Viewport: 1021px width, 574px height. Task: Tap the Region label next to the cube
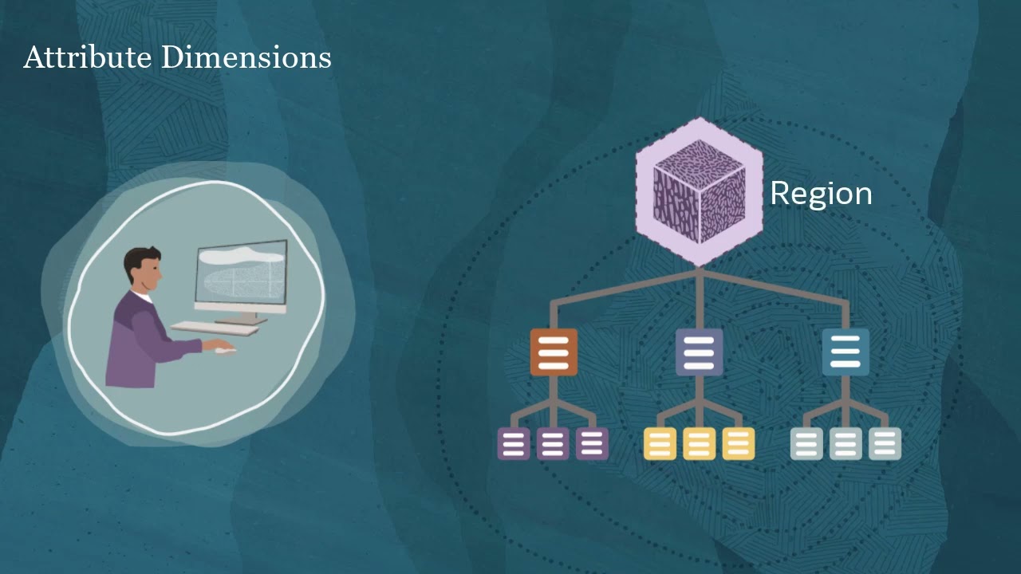click(x=821, y=194)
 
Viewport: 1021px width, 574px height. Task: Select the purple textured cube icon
click(x=700, y=192)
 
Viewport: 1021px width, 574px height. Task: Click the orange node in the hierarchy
click(x=554, y=352)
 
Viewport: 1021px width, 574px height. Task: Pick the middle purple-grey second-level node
click(x=699, y=352)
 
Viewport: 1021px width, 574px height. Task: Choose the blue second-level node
click(x=846, y=352)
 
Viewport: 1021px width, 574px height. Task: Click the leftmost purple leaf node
click(x=514, y=444)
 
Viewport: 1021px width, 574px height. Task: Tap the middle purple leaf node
click(x=553, y=444)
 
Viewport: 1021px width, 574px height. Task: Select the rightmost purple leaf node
click(x=592, y=444)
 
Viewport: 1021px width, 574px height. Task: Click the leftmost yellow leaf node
click(x=660, y=444)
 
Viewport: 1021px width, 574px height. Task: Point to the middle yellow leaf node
click(x=699, y=444)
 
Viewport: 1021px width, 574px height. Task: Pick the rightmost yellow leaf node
click(x=738, y=444)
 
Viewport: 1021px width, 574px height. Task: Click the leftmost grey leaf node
click(x=806, y=444)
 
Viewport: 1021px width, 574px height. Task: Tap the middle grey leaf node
click(x=846, y=444)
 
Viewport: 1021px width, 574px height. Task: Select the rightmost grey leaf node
click(x=885, y=444)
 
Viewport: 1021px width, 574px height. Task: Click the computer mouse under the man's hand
click(x=227, y=350)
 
